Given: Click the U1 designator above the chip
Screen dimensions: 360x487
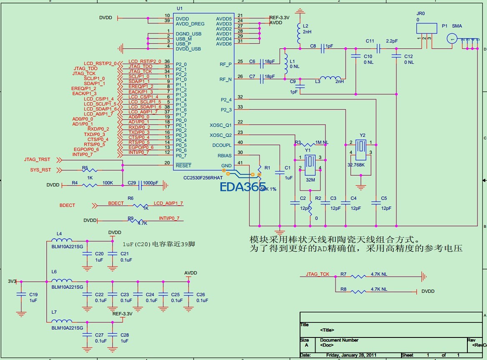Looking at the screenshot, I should [x=179, y=9].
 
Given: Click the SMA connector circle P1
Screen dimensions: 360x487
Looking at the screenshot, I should [x=452, y=39].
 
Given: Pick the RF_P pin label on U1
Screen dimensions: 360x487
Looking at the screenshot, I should [x=225, y=64].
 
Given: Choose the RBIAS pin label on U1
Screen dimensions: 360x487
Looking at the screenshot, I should [x=224, y=155].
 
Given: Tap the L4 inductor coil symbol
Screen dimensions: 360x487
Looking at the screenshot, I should [x=61, y=240].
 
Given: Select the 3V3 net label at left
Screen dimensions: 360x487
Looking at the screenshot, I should [x=12, y=281].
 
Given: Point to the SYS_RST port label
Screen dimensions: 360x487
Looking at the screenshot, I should [x=40, y=170].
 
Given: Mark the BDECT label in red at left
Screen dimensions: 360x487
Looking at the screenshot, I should [x=67, y=205].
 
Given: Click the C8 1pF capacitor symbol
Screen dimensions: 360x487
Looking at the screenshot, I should [x=323, y=49].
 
